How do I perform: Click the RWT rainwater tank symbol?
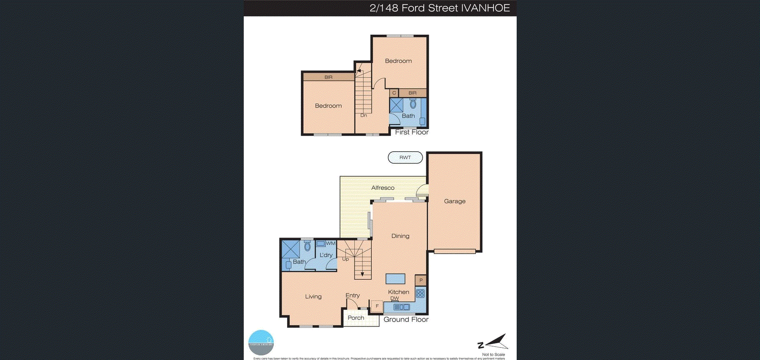tap(405, 157)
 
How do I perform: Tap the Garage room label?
tap(455, 201)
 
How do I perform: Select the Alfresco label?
tap(382, 188)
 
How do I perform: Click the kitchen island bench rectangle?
tap(395, 279)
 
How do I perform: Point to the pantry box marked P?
tap(421, 280)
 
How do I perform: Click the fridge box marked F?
tap(377, 306)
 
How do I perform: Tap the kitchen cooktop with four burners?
tap(420, 293)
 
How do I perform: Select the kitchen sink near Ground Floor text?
tap(402, 307)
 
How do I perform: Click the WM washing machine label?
tap(330, 243)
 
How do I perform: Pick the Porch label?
tap(356, 318)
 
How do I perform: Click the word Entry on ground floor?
tap(352, 295)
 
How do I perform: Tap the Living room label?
tap(313, 297)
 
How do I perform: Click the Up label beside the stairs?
tap(345, 259)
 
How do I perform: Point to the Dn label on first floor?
tap(363, 115)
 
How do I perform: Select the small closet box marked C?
tap(394, 93)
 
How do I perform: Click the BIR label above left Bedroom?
tap(328, 77)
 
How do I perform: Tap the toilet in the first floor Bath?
tap(413, 104)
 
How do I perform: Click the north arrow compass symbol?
tap(494, 342)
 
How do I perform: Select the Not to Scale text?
tap(493, 355)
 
